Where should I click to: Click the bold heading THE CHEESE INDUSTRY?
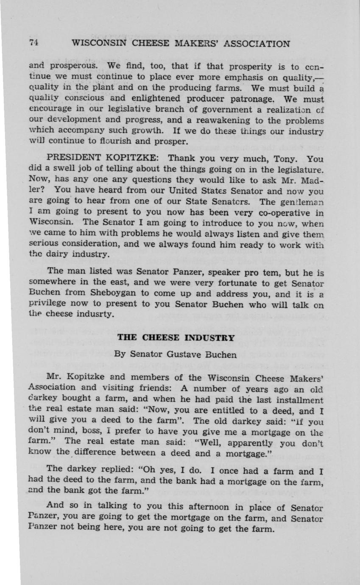tap(176, 338)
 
